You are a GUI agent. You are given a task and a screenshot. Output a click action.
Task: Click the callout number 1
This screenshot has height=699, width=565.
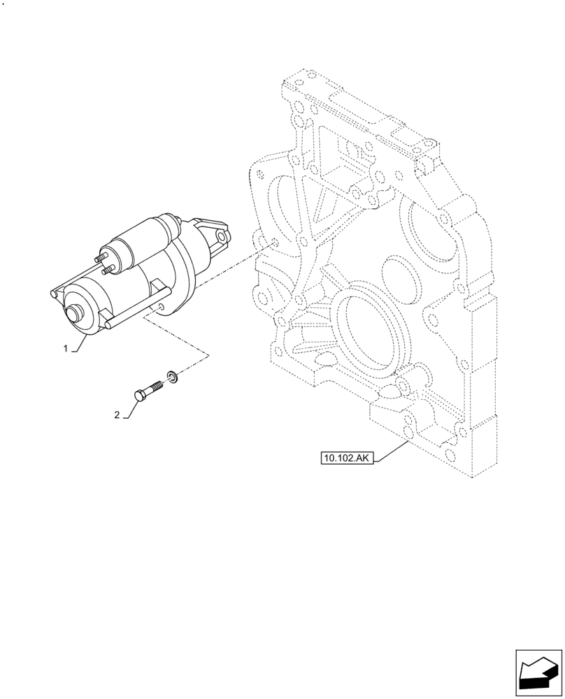click(66, 348)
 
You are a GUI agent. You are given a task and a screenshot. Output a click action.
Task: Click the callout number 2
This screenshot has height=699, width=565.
click(117, 415)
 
